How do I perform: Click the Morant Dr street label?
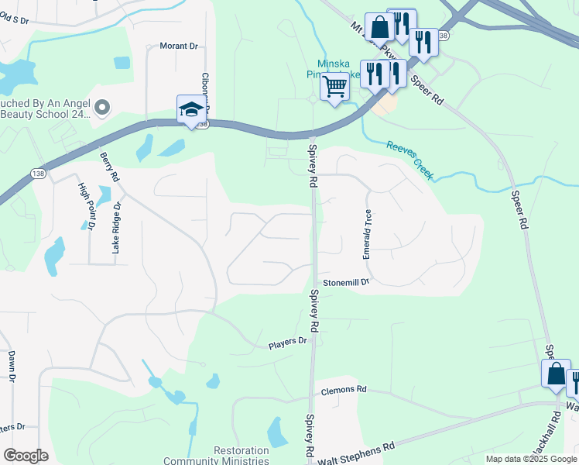pyautogui.click(x=179, y=46)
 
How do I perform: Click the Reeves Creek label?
pyautogui.click(x=410, y=160)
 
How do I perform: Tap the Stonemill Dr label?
pyautogui.click(x=347, y=282)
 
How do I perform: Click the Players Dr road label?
pyautogui.click(x=288, y=342)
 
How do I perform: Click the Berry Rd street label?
pyautogui.click(x=109, y=167)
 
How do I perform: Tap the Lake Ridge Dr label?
pyautogui.click(x=117, y=229)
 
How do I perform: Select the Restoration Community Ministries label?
pyautogui.click(x=241, y=456)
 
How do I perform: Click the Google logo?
pyautogui.click(x=26, y=456)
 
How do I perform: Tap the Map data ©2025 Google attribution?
pyautogui.click(x=530, y=459)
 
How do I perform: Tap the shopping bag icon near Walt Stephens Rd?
pyautogui.click(x=556, y=374)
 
